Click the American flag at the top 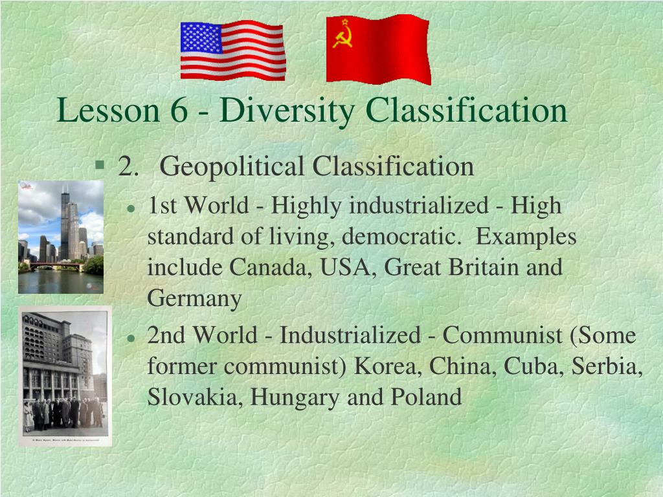(x=233, y=50)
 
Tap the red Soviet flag (x=378, y=50)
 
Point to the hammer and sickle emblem (x=343, y=38)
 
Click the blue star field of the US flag (x=201, y=38)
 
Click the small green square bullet (x=99, y=164)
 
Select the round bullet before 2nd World (x=131, y=338)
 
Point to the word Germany (x=194, y=299)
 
